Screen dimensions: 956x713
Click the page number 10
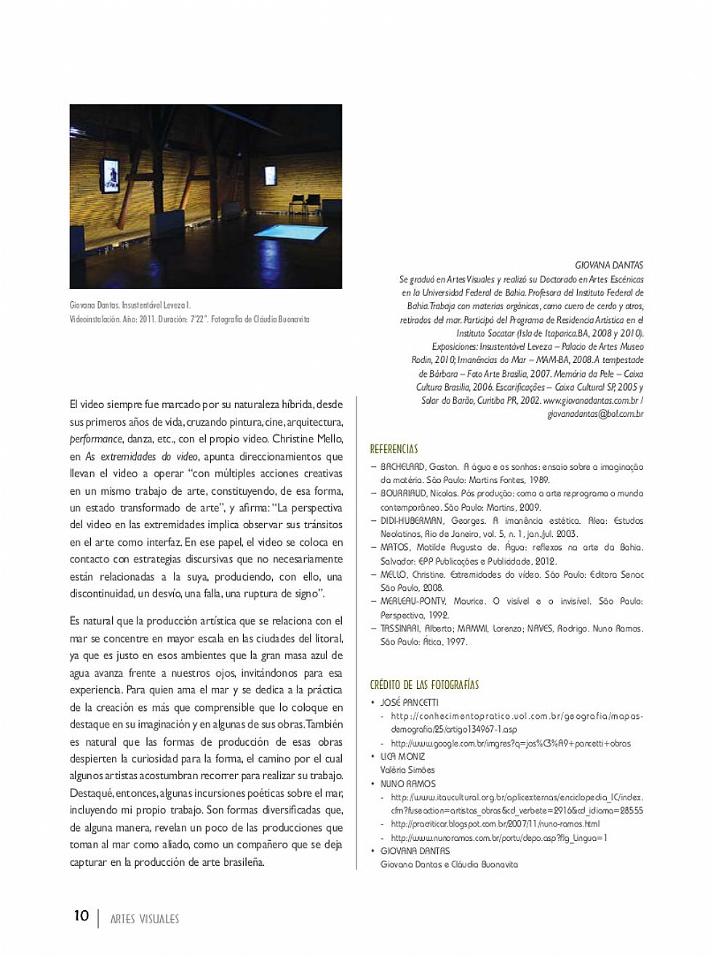[x=81, y=915]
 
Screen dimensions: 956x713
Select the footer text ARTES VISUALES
[x=144, y=919]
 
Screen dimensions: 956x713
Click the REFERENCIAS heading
[x=394, y=449]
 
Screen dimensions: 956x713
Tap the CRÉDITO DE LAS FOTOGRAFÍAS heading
[x=424, y=685]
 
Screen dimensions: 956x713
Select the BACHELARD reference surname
[x=402, y=467]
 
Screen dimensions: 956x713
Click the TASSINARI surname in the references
[x=400, y=629]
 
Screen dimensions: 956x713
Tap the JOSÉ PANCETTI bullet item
[x=409, y=703]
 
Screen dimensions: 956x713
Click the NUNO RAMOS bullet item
[x=407, y=784]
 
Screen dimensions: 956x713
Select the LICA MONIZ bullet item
[x=402, y=757]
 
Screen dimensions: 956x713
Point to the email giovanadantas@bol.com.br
[x=595, y=414]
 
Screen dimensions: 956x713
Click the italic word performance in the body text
[x=96, y=439]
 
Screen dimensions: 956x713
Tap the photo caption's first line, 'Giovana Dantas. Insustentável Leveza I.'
[x=130, y=306]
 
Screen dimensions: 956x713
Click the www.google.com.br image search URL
[x=510, y=744]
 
